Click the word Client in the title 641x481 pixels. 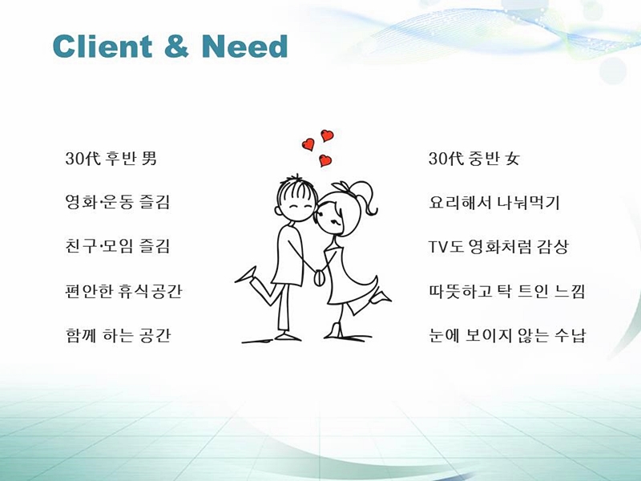[x=103, y=46]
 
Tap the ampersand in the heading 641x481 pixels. [x=176, y=46]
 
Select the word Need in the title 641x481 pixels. [x=245, y=46]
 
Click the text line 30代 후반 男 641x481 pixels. [x=111, y=158]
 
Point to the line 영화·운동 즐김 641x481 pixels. [x=117, y=202]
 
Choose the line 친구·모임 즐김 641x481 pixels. [x=117, y=246]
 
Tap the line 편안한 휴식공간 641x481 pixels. [x=123, y=291]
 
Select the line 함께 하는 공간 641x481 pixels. [x=118, y=335]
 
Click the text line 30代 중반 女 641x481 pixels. [x=474, y=158]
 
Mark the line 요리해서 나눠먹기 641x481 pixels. [x=494, y=202]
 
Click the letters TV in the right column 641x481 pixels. [x=438, y=247]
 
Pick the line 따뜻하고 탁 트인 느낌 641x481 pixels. [x=507, y=291]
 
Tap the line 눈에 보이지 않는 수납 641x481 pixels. [x=507, y=335]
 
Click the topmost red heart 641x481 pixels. [x=327, y=135]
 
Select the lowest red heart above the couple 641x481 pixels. [x=325, y=160]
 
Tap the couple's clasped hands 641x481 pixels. [x=318, y=277]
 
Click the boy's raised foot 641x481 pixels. [x=247, y=275]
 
